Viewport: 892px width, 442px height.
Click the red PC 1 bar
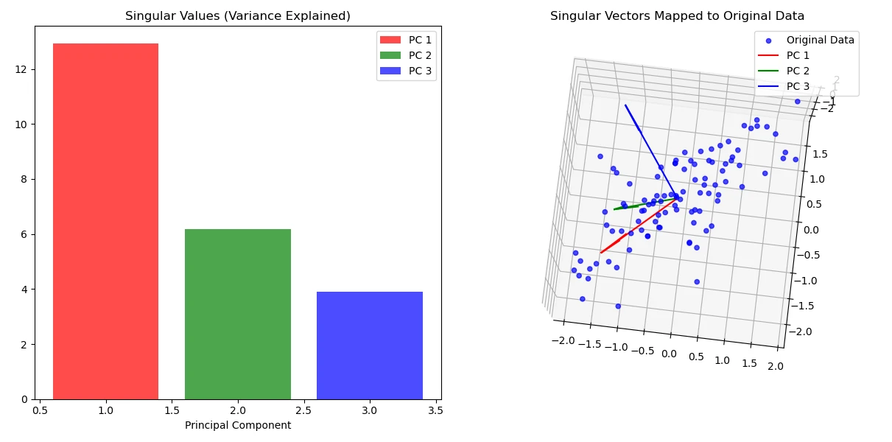105,221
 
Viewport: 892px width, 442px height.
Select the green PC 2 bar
237,314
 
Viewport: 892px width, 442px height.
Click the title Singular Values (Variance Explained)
237,16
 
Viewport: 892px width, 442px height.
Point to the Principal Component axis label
237,425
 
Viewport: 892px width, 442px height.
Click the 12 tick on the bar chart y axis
25,69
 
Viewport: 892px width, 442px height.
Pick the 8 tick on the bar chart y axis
25,179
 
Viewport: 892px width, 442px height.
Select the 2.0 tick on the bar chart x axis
237,410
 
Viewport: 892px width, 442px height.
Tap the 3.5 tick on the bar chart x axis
435,410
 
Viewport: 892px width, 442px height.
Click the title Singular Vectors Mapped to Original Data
677,16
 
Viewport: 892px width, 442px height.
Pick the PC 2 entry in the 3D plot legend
798,71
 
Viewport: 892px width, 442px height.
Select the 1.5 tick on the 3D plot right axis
819,154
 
